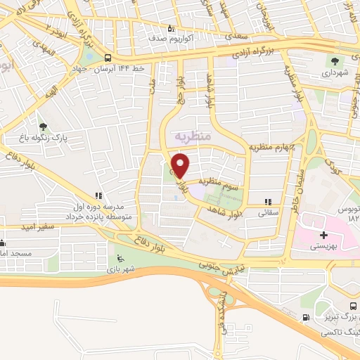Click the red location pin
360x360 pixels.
pos(181,167)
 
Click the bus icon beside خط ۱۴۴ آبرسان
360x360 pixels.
pos(107,58)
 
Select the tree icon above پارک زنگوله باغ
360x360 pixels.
pos(44,127)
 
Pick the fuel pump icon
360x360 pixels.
pos(304,317)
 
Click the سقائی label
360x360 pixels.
pos(268,211)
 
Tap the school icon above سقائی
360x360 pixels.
pos(266,200)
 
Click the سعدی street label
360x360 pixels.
pos(232,34)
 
